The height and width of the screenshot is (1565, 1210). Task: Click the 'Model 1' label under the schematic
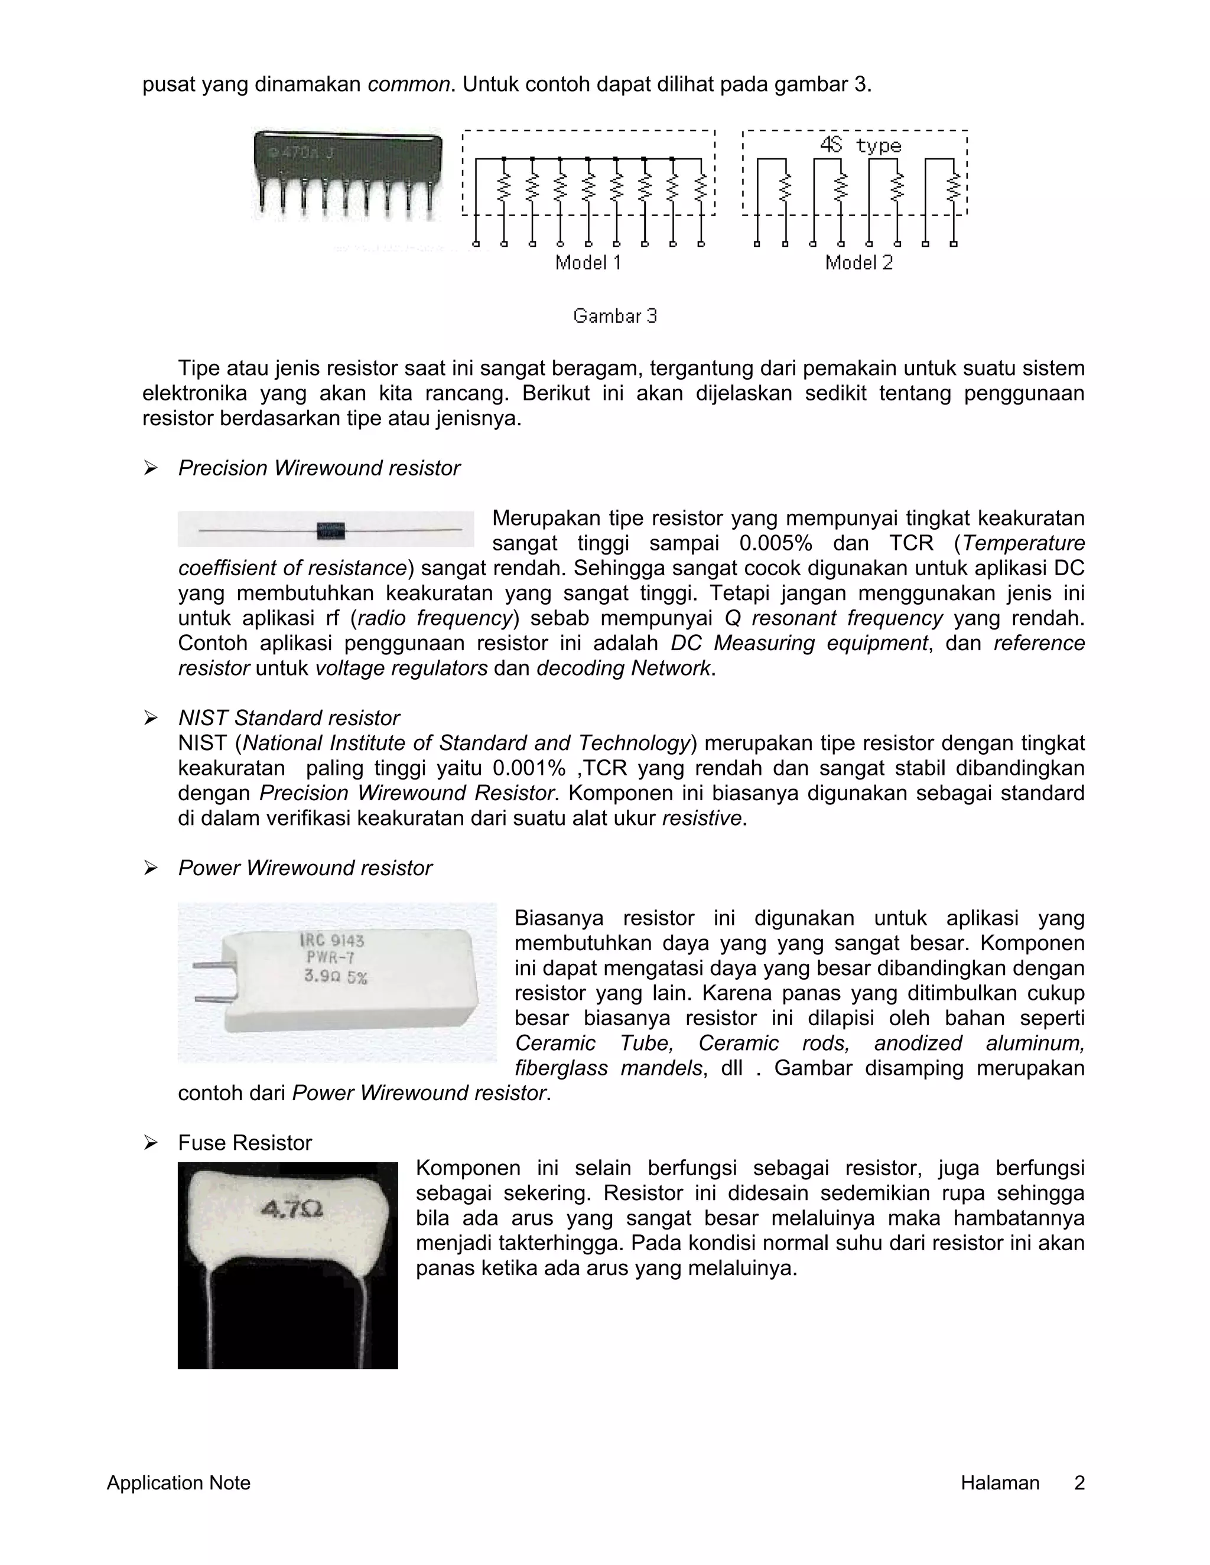(588, 263)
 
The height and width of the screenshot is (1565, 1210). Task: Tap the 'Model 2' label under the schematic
(858, 263)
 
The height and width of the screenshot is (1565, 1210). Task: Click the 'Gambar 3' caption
(615, 316)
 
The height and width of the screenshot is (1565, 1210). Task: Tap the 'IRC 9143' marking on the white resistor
(332, 940)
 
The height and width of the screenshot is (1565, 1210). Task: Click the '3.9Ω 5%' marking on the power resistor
(336, 976)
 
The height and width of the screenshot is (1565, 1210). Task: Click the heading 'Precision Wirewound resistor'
(318, 469)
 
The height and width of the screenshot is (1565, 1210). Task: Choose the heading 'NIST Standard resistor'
(288, 718)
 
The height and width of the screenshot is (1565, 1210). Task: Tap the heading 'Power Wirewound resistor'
(305, 869)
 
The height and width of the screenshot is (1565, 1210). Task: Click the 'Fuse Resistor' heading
(245, 1143)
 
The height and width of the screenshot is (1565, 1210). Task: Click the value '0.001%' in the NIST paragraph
(529, 768)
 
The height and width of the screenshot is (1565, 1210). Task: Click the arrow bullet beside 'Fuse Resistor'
(151, 1143)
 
